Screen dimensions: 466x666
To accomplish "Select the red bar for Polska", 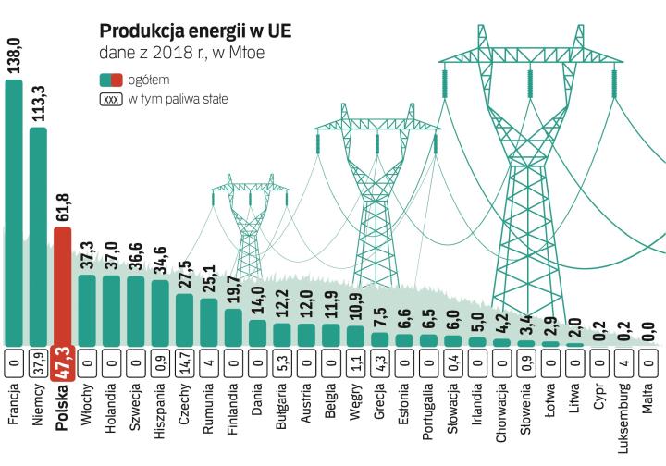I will tap(63, 287).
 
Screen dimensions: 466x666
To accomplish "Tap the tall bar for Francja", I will tap(14, 213).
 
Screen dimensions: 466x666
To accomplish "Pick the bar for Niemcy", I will tap(38, 236).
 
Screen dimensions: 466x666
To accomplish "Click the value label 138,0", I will tap(14, 54).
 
